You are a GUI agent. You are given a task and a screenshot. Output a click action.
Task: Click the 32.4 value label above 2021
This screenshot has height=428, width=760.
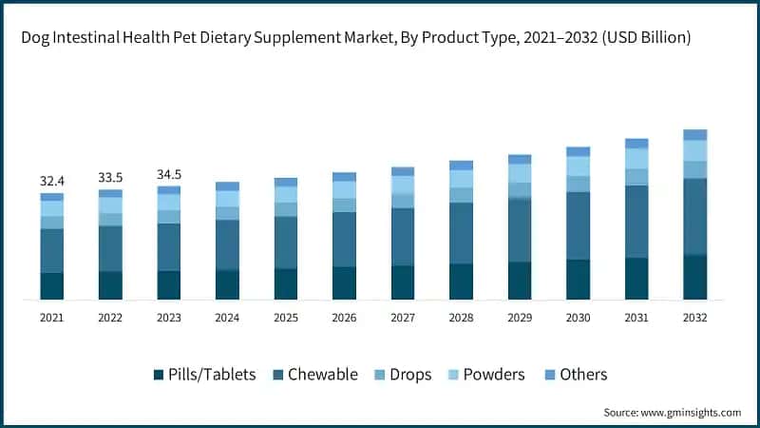(x=51, y=180)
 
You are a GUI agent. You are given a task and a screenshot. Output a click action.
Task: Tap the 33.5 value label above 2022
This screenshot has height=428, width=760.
(x=110, y=177)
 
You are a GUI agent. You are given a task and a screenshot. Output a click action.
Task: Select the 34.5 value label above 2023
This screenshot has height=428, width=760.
(x=168, y=174)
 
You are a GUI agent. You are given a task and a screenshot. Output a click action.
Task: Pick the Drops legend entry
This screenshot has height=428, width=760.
(x=408, y=374)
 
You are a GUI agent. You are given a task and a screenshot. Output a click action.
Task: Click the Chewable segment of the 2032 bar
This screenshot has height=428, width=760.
(x=695, y=217)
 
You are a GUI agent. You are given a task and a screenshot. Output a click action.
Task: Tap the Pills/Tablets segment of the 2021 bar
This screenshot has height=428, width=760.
(x=51, y=286)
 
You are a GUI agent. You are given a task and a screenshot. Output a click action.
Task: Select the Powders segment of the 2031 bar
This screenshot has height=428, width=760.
(x=636, y=159)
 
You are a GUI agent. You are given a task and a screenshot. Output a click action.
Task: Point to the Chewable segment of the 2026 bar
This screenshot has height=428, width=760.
(x=344, y=240)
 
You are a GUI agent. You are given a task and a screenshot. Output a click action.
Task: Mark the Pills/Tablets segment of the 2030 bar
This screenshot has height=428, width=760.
(x=578, y=280)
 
